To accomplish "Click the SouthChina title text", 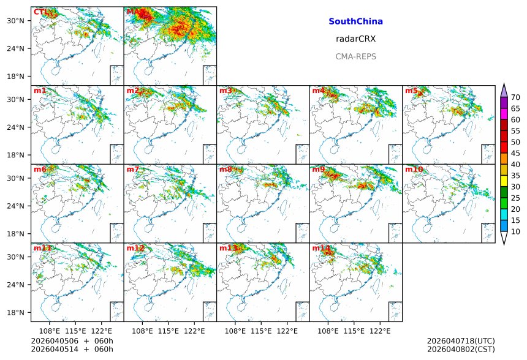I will point(355,21).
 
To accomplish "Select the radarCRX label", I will point(355,39).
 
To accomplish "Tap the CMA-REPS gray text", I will point(355,56).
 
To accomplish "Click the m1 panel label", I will point(40,91).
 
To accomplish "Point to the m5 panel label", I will point(411,91).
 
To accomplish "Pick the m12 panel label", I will point(135,248).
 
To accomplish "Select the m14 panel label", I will point(321,248).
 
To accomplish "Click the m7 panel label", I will point(133,170).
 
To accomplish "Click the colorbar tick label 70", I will point(515,97).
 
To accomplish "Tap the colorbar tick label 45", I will point(515,153).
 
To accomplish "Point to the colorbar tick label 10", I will point(515,231).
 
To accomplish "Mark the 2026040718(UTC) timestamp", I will point(461,341).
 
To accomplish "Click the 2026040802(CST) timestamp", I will point(461,349).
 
